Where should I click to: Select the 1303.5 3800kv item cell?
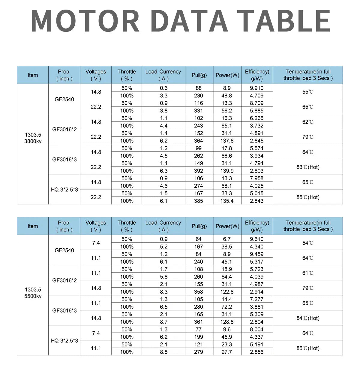[33, 138]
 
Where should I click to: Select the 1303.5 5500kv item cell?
[33, 293]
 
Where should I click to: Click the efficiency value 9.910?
[256, 88]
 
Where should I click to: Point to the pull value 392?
[198, 171]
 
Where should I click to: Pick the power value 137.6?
[227, 141]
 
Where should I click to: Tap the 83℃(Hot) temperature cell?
[307, 167]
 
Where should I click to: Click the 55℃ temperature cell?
[307, 92]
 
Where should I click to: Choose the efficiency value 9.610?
[256, 239]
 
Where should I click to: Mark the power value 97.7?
[227, 352]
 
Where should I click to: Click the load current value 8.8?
[163, 352]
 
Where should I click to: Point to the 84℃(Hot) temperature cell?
[307, 318]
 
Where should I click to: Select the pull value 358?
[198, 292]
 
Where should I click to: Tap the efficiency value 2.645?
[256, 141]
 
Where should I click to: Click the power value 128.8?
[227, 322]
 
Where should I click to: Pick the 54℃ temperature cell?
[307, 243]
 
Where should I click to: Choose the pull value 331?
[198, 111]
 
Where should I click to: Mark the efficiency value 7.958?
[256, 178]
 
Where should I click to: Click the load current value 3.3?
[163, 96]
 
